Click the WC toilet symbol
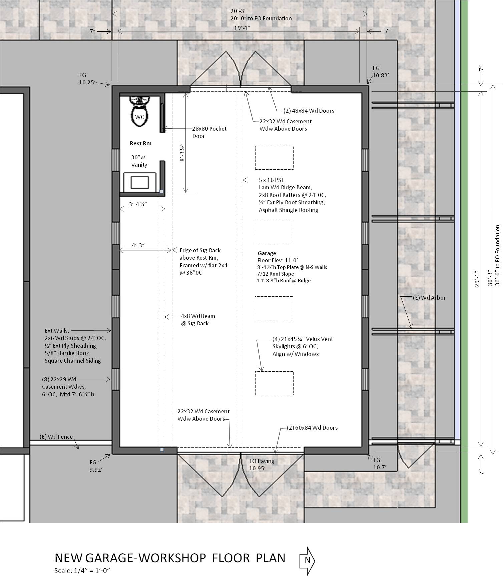[x=139, y=113]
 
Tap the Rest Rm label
[x=140, y=143]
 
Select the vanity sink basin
[x=139, y=182]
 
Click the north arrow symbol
[x=307, y=560]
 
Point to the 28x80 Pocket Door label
[x=209, y=132]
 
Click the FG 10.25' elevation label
[x=87, y=79]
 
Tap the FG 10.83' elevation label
[x=380, y=72]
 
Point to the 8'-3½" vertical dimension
[x=182, y=153]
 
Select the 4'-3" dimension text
[x=138, y=245]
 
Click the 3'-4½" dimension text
[x=138, y=204]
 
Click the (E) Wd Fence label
[x=56, y=437]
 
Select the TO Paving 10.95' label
[x=262, y=464]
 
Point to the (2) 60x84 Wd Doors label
[x=312, y=428]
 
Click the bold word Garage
[x=267, y=253]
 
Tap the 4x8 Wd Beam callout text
[x=197, y=319]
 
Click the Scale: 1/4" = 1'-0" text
[x=82, y=570]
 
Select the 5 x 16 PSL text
[x=272, y=180]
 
